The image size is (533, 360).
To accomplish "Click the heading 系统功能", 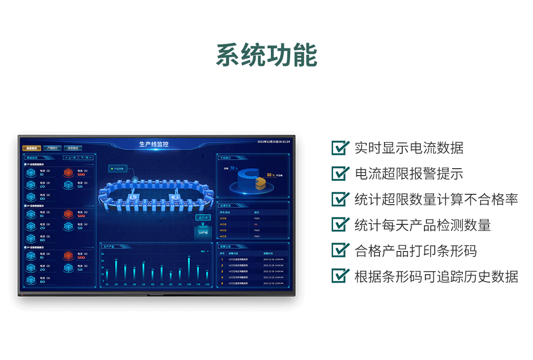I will click(x=266, y=55).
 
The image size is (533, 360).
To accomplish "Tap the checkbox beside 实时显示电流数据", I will click(x=340, y=148).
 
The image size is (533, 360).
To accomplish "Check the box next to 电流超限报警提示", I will click(x=340, y=174).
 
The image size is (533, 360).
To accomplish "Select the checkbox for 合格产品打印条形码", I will click(x=340, y=250).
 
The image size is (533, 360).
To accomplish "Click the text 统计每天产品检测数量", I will click(x=422, y=225).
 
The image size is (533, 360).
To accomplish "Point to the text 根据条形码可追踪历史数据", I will click(x=436, y=276).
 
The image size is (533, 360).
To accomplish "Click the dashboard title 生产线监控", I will click(x=154, y=144).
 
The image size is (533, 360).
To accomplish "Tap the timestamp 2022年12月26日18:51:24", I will click(x=274, y=142).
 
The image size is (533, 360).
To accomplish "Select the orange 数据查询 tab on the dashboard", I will click(x=32, y=148).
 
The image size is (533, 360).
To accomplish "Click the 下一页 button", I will click(x=85, y=158).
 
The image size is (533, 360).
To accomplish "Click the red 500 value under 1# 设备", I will click(x=81, y=174).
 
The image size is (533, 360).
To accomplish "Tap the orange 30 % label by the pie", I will click(x=271, y=175).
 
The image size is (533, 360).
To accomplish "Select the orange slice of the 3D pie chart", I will click(x=261, y=182).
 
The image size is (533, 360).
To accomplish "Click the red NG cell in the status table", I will click(x=256, y=224).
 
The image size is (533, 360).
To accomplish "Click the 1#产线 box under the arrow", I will click(x=202, y=232).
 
